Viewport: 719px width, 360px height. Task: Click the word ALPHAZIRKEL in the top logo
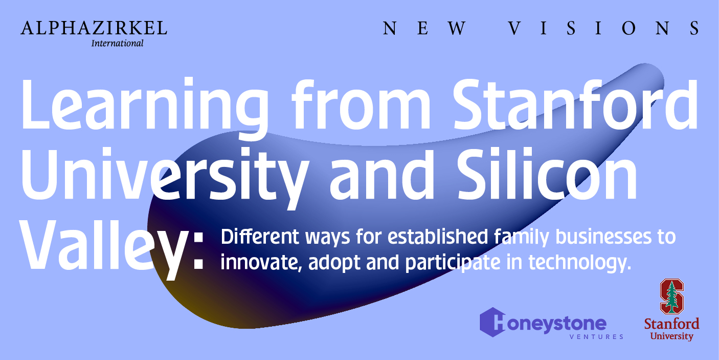(94, 28)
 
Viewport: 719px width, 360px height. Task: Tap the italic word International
(117, 43)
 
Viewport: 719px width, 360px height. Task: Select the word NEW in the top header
(424, 28)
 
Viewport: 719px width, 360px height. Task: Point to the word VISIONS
(604, 28)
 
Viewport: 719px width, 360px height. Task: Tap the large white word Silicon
(547, 174)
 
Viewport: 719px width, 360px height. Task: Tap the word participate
(453, 263)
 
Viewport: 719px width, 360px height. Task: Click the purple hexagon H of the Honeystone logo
(493, 322)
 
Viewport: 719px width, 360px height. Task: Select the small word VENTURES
(596, 336)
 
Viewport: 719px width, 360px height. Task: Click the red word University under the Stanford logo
(672, 336)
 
